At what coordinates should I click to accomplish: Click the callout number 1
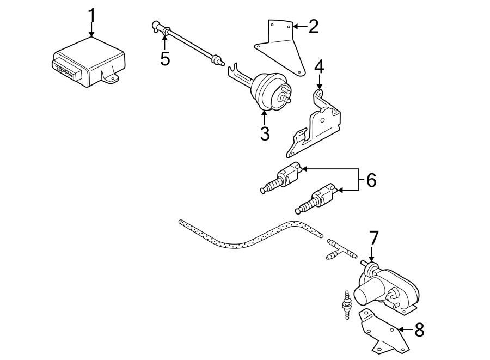[91, 15]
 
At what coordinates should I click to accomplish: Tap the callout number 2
[313, 26]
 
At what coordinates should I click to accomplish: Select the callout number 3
[265, 133]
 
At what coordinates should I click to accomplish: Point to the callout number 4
[319, 67]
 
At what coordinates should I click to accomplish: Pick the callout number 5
[165, 58]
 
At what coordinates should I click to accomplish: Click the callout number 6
[371, 180]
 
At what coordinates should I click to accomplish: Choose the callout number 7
[373, 238]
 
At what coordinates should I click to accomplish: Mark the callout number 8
[418, 330]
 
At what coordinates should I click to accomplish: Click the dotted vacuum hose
[245, 236]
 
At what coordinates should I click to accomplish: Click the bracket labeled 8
[381, 332]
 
